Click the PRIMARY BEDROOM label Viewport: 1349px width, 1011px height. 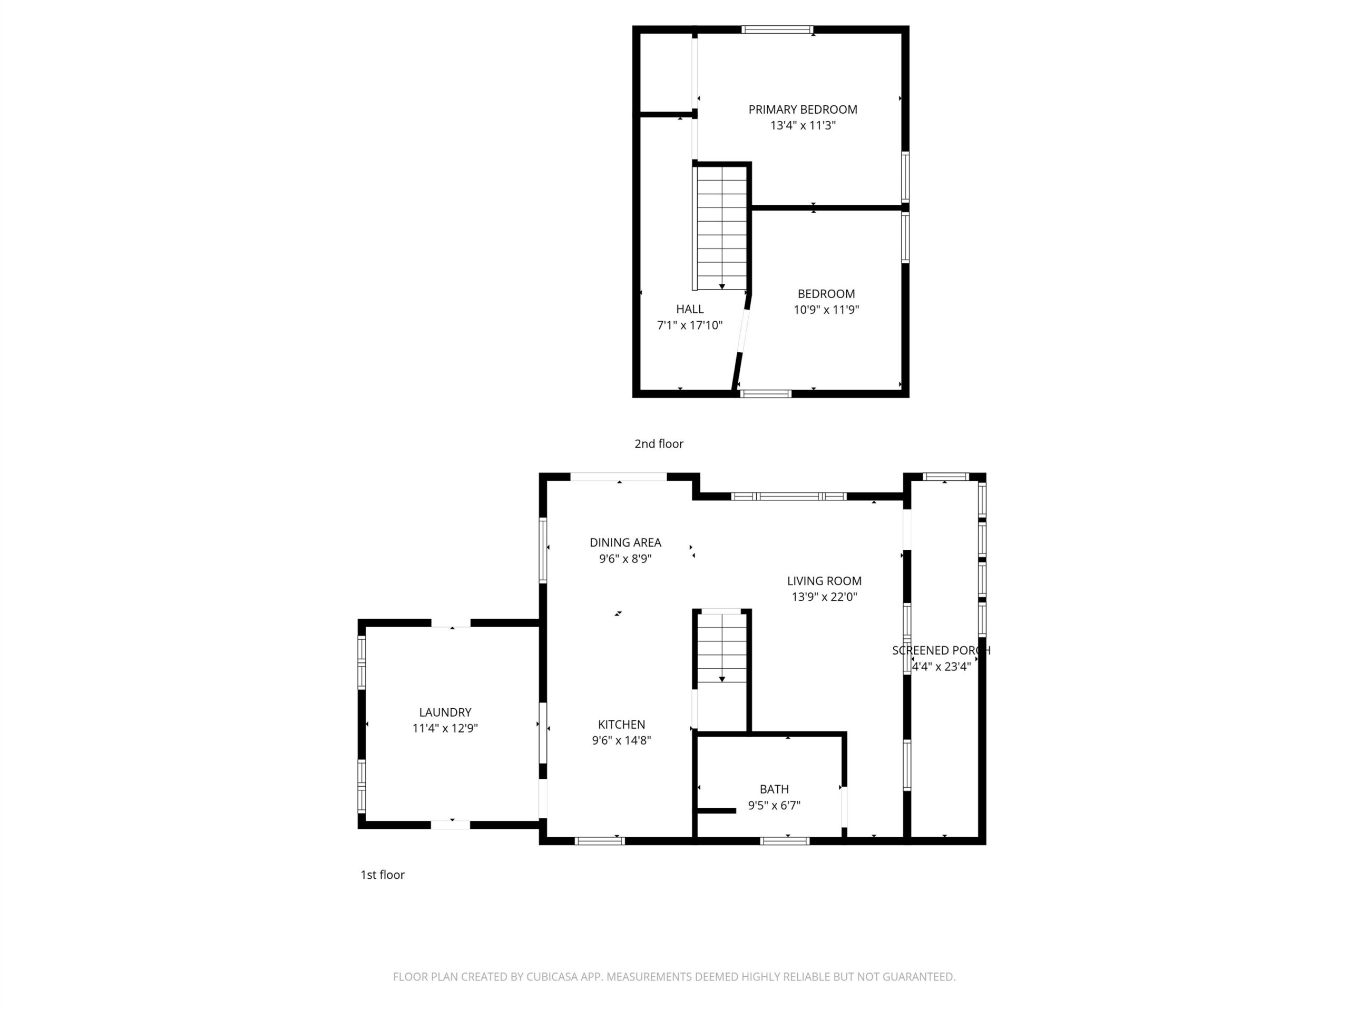803,110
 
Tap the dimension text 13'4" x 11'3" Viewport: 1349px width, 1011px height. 803,125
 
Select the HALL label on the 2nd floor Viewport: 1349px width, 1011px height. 690,309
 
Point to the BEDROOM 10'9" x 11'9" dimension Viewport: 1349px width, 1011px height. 826,310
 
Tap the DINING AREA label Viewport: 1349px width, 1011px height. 625,542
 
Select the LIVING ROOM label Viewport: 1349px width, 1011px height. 824,581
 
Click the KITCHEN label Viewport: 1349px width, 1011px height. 621,725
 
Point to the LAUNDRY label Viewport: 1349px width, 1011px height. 445,712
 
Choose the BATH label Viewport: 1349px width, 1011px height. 774,789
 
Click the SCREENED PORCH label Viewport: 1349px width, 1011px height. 941,650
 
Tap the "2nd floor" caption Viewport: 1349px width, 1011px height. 659,444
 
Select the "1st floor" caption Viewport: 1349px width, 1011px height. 383,875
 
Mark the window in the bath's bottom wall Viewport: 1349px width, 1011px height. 785,841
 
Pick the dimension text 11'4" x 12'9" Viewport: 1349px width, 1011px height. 445,728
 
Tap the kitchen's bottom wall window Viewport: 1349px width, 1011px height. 600,841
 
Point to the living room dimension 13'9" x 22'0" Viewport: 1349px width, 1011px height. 824,597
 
